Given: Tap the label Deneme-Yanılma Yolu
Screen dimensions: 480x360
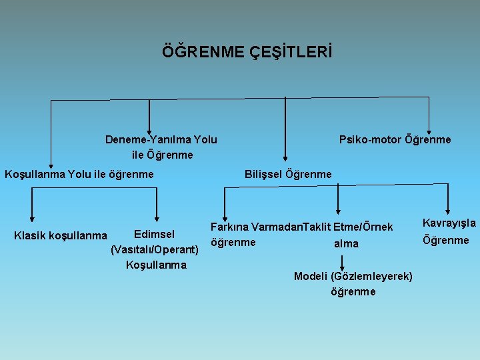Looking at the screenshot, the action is (161, 139).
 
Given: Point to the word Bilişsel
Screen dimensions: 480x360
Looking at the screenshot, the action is (264, 174).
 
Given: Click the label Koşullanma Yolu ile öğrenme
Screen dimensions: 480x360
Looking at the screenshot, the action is (79, 174).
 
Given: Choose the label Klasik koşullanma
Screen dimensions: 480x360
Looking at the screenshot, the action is (60, 235).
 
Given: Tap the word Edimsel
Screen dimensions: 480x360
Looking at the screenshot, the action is (154, 234).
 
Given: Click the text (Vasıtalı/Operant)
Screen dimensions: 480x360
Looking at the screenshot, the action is (155, 249).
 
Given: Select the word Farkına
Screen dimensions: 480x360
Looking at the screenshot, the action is (230, 227).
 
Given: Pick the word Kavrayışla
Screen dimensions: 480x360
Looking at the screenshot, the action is (449, 223).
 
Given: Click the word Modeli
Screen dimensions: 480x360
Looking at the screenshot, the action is (310, 276).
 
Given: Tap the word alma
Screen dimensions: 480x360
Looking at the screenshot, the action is (346, 243).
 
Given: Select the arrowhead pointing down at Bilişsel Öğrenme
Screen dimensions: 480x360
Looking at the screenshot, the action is (286, 158).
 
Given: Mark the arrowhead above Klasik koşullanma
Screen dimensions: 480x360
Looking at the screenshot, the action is (31, 215).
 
